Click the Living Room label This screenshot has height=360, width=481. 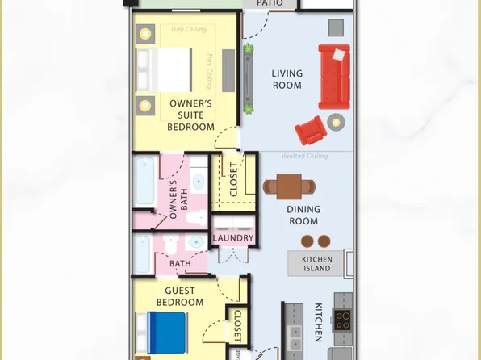pos(287,79)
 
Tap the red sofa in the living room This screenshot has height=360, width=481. pos(334,77)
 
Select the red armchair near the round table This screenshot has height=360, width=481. pos(309,130)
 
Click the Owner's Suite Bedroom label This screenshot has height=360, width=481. pos(190,115)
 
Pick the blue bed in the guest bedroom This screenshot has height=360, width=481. pos(167,331)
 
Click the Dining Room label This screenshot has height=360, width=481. pos(303,216)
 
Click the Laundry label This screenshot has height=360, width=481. pos(234,239)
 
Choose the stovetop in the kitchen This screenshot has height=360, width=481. pos(345,321)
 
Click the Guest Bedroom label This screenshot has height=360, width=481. pos(184,296)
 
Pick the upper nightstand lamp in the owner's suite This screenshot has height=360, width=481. pos(145,34)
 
